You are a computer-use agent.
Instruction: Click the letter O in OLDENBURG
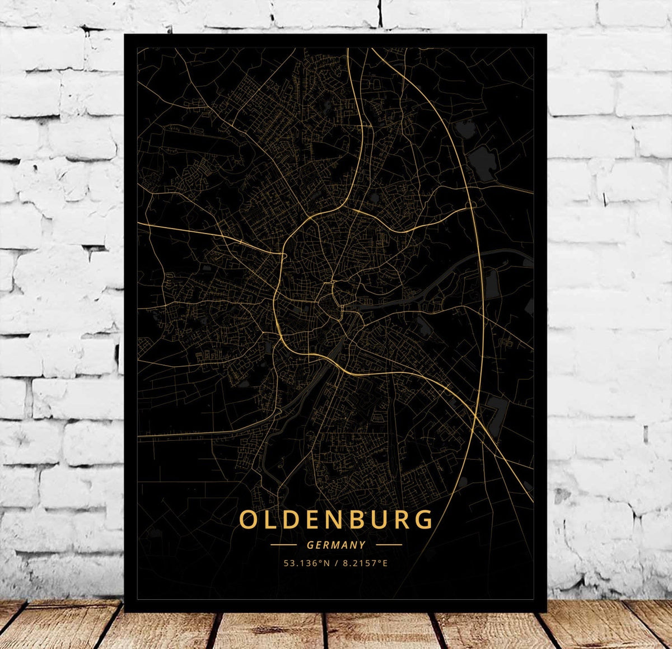pyautogui.click(x=249, y=520)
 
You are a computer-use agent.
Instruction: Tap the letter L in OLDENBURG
pyautogui.click(x=272, y=520)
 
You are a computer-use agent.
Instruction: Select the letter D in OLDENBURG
pyautogui.click(x=293, y=520)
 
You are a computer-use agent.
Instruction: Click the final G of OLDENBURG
pyautogui.click(x=425, y=520)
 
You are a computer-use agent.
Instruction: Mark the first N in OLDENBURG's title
pyautogui.click(x=338, y=520)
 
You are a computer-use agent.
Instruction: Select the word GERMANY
pyautogui.click(x=336, y=544)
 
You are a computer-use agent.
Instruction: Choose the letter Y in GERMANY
pyautogui.click(x=362, y=544)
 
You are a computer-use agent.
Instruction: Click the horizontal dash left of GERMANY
pyautogui.click(x=283, y=544)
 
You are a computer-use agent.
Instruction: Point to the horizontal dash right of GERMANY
pyautogui.click(x=389, y=544)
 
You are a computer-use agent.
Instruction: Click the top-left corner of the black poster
pyautogui.click(x=125, y=35)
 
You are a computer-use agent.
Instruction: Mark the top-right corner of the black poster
pyautogui.click(x=546, y=35)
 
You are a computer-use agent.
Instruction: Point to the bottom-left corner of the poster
pyautogui.click(x=125, y=611)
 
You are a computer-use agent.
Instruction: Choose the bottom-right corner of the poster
pyautogui.click(x=546, y=611)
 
